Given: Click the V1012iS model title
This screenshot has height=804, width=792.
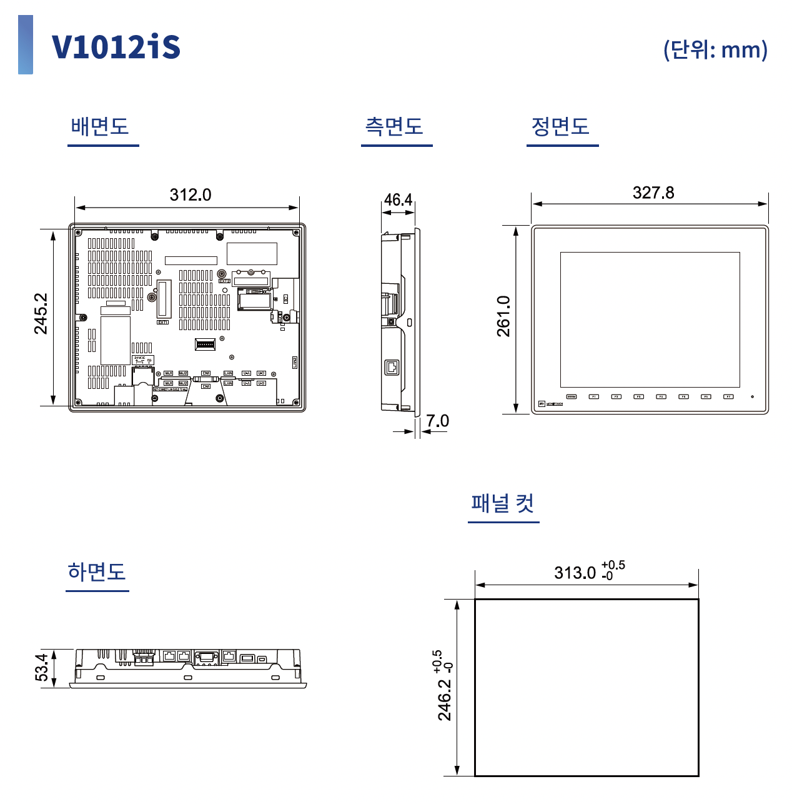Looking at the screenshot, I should tap(116, 48).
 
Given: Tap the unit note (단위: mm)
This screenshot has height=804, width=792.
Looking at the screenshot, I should tap(715, 49).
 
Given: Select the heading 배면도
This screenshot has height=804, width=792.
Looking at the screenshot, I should tap(100, 126).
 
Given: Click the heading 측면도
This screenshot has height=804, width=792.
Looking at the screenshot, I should tap(394, 126).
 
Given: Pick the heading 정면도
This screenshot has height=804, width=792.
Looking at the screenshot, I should tap(560, 126).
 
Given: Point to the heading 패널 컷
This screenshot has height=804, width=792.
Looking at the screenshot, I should tap(503, 503).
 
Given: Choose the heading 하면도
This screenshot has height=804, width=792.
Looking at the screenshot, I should tap(97, 571).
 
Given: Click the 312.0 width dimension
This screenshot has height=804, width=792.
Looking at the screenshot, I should tap(191, 194).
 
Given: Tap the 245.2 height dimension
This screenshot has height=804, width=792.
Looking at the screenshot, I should tap(41, 314).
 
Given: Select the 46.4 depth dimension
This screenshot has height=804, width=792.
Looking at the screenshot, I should tap(398, 199).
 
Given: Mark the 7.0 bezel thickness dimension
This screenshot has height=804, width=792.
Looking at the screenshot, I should tap(438, 421).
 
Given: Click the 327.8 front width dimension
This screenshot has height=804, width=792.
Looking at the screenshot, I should tap(653, 193).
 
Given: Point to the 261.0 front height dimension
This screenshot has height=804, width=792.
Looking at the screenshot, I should tap(503, 316).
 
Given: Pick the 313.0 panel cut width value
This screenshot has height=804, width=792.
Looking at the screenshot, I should tap(575, 573).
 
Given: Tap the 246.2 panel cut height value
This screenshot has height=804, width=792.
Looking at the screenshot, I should tap(444, 700).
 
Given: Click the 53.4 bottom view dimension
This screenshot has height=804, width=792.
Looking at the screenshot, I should tap(41, 667).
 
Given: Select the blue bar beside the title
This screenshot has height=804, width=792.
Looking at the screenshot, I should tap(26, 45).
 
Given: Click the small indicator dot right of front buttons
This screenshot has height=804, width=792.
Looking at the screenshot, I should tap(752, 396).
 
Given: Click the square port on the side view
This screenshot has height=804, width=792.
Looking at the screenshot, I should tap(392, 367).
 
